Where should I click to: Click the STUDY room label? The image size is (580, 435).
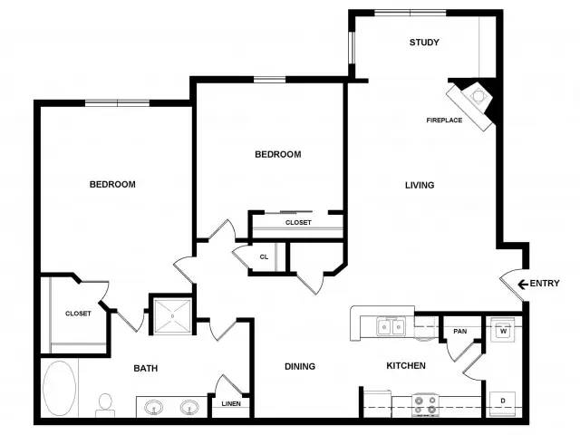tap(424, 43)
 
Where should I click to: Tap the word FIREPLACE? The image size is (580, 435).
tap(444, 121)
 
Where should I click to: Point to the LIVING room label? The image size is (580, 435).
tap(420, 185)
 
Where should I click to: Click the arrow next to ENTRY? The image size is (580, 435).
tap(523, 284)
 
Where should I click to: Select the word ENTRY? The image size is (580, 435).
tap(545, 284)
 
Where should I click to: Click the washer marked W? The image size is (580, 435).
tap(503, 330)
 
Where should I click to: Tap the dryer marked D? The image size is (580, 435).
tap(503, 403)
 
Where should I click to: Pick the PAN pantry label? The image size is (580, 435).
tap(459, 331)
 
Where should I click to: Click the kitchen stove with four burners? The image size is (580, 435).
tap(425, 404)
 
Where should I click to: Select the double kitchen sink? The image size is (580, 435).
tap(391, 327)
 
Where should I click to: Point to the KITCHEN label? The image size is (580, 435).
tap(406, 366)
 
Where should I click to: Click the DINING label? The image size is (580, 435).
tap(300, 366)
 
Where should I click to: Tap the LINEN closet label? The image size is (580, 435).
tap(231, 404)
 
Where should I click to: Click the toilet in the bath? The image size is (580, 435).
tap(105, 405)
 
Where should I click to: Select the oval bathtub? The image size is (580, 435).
tap(59, 388)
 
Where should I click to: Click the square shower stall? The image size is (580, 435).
tap(172, 316)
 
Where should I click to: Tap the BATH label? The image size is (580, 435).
tap(146, 369)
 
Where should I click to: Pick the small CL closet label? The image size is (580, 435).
tap(264, 257)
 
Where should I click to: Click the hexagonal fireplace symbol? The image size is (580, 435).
tap(477, 96)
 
